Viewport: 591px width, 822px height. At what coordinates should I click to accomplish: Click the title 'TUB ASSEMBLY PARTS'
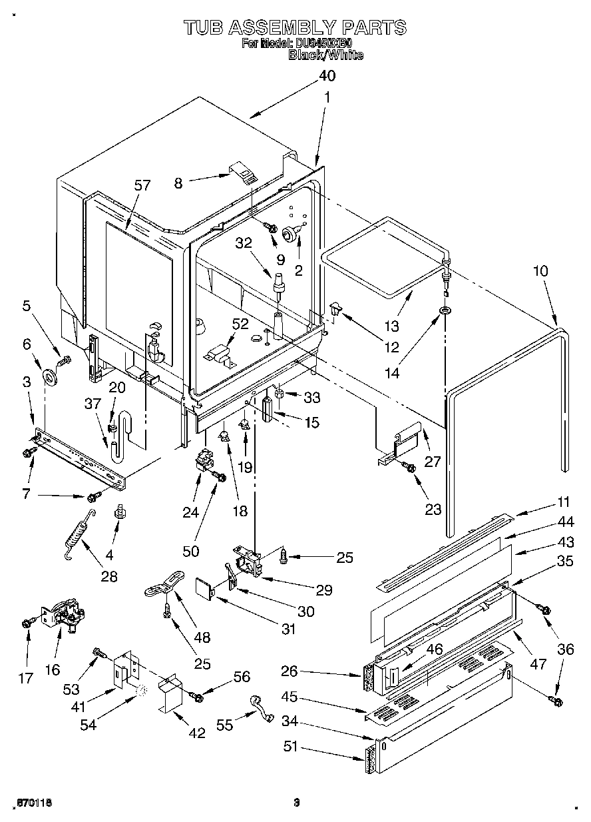pyautogui.click(x=295, y=27)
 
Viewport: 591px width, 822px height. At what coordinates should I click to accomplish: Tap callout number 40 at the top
pyautogui.click(x=327, y=75)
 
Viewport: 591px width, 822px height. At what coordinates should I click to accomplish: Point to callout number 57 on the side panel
pyautogui.click(x=142, y=186)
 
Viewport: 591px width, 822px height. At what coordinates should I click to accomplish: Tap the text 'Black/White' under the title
pyautogui.click(x=325, y=55)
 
